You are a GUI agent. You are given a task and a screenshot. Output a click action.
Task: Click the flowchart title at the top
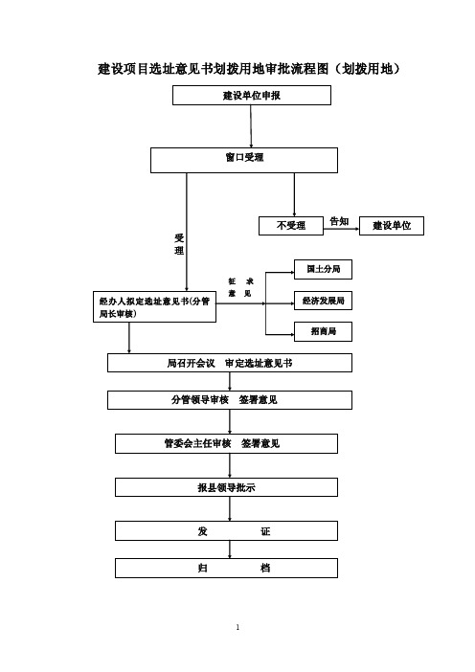(249, 69)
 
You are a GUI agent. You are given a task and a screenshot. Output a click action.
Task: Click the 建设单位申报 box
(252, 95)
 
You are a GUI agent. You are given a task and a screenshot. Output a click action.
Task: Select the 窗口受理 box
(244, 160)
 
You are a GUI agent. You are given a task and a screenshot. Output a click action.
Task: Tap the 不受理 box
(291, 226)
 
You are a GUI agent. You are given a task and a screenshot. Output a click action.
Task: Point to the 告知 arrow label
(339, 221)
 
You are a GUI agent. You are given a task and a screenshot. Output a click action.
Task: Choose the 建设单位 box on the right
(392, 226)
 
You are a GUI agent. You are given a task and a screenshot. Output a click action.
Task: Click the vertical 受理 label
(179, 244)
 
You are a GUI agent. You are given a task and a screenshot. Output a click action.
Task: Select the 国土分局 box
(323, 269)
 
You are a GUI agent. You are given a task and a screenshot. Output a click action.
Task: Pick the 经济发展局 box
(323, 301)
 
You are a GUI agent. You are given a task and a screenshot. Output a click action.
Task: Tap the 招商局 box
(323, 331)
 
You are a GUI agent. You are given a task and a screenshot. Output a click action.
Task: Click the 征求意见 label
(240, 287)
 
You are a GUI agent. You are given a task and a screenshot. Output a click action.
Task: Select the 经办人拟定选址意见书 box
(154, 307)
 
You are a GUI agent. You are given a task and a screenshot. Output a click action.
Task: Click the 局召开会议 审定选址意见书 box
(229, 363)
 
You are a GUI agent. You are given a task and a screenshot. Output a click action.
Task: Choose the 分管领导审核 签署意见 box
(229, 400)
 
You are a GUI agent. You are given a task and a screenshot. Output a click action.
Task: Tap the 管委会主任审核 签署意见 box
(226, 443)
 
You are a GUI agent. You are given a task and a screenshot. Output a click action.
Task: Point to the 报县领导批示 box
(226, 487)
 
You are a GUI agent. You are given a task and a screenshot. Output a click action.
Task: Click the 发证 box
(226, 531)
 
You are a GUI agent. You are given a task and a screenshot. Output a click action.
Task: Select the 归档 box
(226, 569)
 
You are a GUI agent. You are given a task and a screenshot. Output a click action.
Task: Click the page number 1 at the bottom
(237, 627)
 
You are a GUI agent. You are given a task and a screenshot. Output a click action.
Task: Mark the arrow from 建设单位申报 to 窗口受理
(251, 126)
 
